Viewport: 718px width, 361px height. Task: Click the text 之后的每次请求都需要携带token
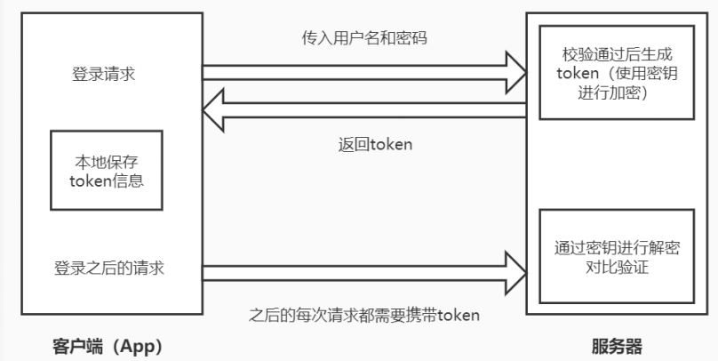[365, 315]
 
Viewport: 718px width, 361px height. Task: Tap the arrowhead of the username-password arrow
[515, 68]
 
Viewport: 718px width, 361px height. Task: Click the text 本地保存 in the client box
[107, 163]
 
